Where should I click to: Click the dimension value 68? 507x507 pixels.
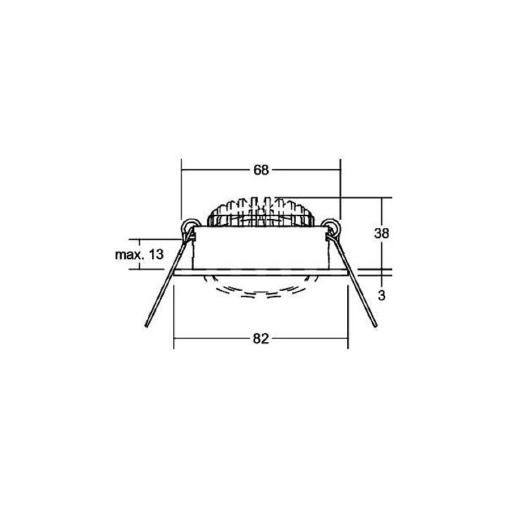coord(261,170)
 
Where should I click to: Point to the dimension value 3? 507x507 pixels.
coord(382,296)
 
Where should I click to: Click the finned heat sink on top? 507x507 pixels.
coord(261,211)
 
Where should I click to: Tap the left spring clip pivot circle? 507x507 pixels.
coord(189,227)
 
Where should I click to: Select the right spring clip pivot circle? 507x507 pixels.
coord(332,227)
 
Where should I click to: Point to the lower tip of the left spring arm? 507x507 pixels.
coord(146,326)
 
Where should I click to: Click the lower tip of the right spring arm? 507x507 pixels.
coord(375,325)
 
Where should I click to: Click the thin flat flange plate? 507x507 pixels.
coord(261,271)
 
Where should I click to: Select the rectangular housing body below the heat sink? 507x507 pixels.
coord(261,248)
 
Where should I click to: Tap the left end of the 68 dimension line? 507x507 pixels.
coord(182,170)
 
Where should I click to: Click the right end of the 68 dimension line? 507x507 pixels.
coord(340,170)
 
